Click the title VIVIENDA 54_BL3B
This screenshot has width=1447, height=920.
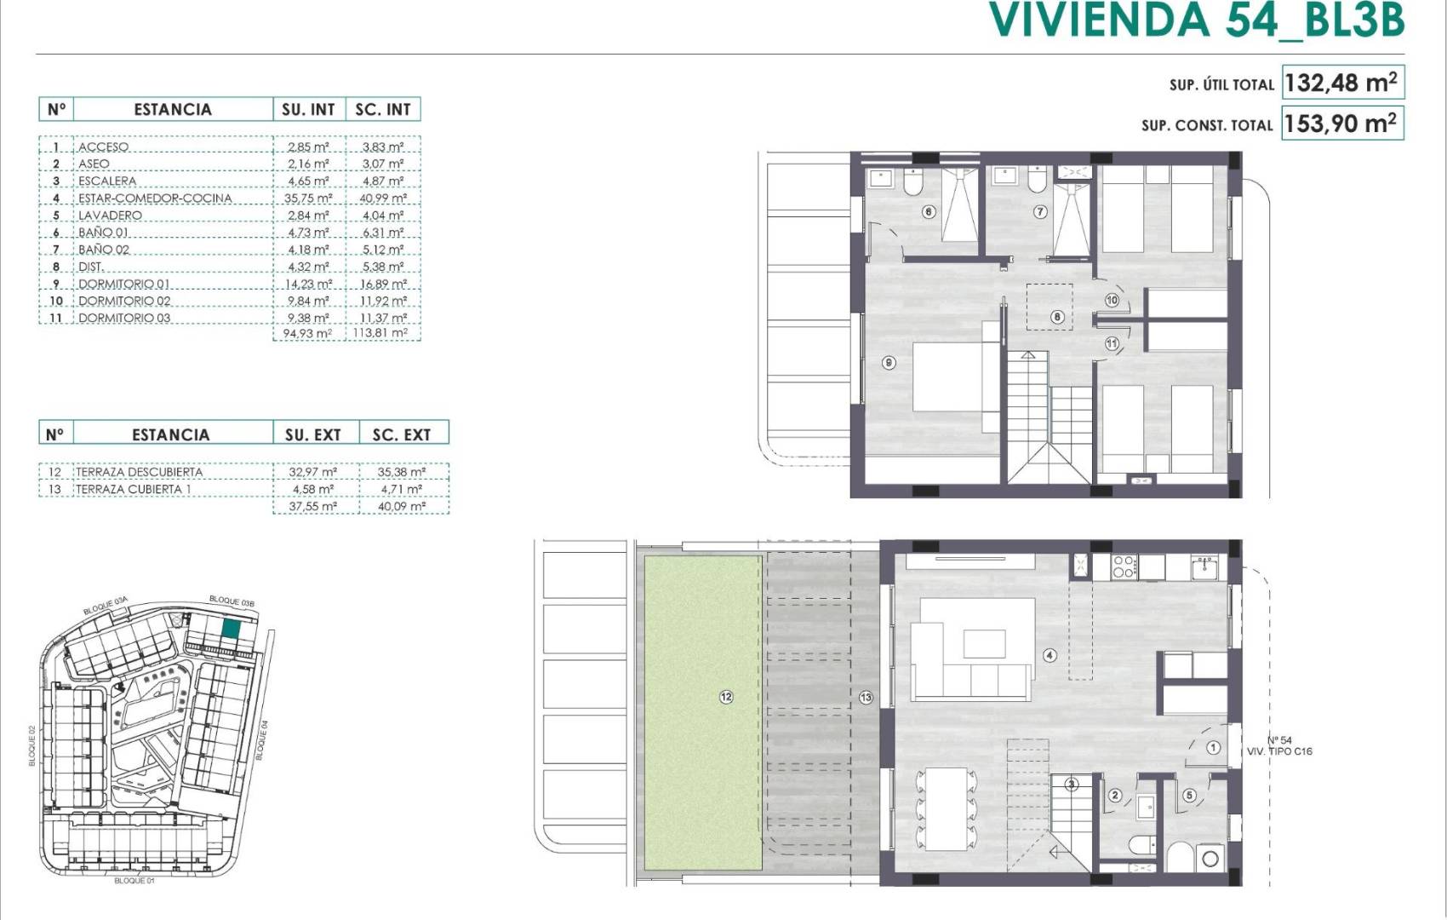coord(1196,20)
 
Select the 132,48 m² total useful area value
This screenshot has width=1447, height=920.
coord(1341,83)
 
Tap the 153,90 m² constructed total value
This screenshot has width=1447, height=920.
coord(1341,124)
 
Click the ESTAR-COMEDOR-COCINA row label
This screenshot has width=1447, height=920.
coord(155,198)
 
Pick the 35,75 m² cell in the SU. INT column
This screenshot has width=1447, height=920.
coord(308,198)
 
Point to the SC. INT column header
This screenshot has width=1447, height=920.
coord(383,109)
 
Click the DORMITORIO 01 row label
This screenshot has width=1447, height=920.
coord(124,284)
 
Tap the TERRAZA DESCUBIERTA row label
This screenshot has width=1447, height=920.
coord(140,471)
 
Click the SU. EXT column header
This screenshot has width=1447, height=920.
coord(312,434)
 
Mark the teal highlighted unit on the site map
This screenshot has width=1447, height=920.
coord(231,630)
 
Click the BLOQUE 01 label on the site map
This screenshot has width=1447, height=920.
coord(134,880)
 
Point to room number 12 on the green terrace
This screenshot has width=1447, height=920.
coord(726,697)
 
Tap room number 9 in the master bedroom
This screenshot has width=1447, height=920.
coord(889,363)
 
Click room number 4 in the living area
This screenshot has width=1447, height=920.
coord(1050,655)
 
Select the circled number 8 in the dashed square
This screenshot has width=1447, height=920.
coord(1057,317)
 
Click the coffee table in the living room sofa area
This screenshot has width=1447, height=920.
coord(984,642)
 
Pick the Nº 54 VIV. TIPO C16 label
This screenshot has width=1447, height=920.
coord(1279,745)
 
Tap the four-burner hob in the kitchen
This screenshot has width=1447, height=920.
coord(1124,566)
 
